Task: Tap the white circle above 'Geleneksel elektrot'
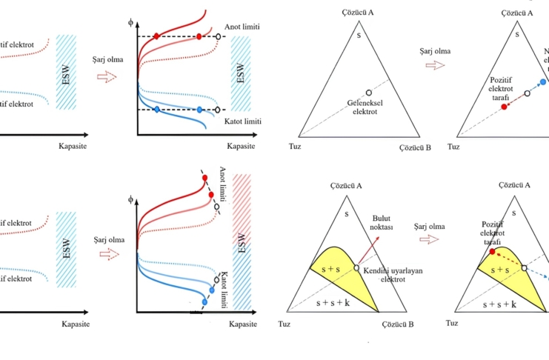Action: [368, 93]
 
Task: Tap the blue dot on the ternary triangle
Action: [543, 81]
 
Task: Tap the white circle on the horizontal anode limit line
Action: [219, 36]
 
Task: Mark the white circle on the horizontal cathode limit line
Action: [219, 110]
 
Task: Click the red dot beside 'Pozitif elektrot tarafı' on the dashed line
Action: [504, 107]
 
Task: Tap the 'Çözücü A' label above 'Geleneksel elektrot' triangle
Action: [358, 13]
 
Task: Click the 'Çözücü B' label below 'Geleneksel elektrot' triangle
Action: [415, 147]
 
